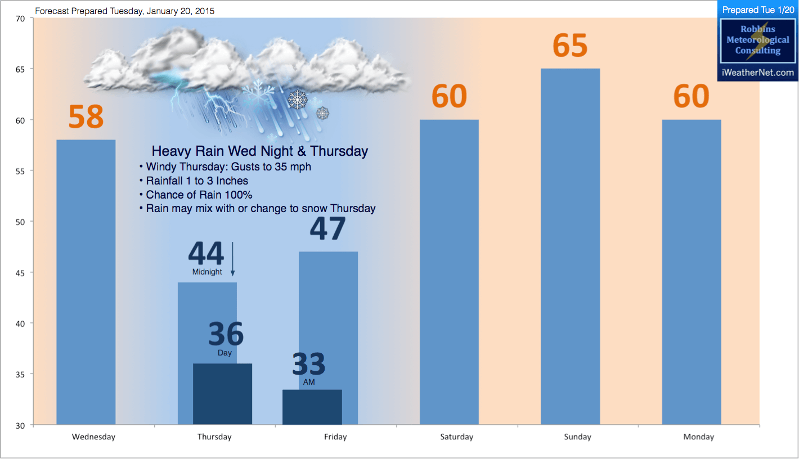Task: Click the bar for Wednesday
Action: [x=86, y=282]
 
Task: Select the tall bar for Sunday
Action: [x=571, y=246]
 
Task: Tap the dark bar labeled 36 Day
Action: [x=223, y=394]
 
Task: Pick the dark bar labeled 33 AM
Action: [x=312, y=407]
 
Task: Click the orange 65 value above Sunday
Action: [x=570, y=46]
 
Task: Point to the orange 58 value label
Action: [x=86, y=116]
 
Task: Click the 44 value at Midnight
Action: [x=206, y=253]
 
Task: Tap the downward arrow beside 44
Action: [x=232, y=259]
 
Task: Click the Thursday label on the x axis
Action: [x=214, y=437]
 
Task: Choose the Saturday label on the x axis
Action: [x=456, y=437]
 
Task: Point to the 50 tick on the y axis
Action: [x=20, y=222]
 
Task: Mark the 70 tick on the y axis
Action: [x=20, y=19]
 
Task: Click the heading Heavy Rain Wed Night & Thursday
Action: [x=260, y=151]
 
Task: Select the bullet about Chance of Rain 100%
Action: [x=195, y=195]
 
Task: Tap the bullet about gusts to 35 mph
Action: [x=225, y=166]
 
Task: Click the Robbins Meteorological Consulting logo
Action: [x=757, y=40]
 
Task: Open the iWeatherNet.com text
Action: [x=757, y=73]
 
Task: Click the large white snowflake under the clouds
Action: [x=297, y=100]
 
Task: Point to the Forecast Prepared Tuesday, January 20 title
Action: [x=124, y=11]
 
